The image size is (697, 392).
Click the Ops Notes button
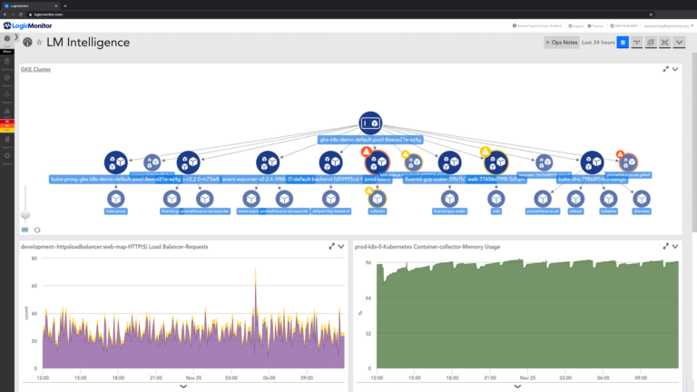point(560,43)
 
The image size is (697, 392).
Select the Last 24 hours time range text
point(598,43)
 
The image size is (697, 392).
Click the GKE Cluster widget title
point(35,69)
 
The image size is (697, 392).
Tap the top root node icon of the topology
point(370,123)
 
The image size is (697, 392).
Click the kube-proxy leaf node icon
point(115,198)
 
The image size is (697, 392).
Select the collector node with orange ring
point(377,198)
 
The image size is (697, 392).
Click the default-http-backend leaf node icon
point(330,198)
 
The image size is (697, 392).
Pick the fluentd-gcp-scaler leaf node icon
point(448,198)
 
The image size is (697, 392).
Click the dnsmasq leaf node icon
point(642,198)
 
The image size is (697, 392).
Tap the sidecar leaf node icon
point(575,198)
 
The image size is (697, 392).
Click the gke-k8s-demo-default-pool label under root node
point(370,141)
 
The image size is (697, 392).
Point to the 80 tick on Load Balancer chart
point(34,259)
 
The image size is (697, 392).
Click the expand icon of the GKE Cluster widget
point(667,69)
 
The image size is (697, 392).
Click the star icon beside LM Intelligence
point(39,43)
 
